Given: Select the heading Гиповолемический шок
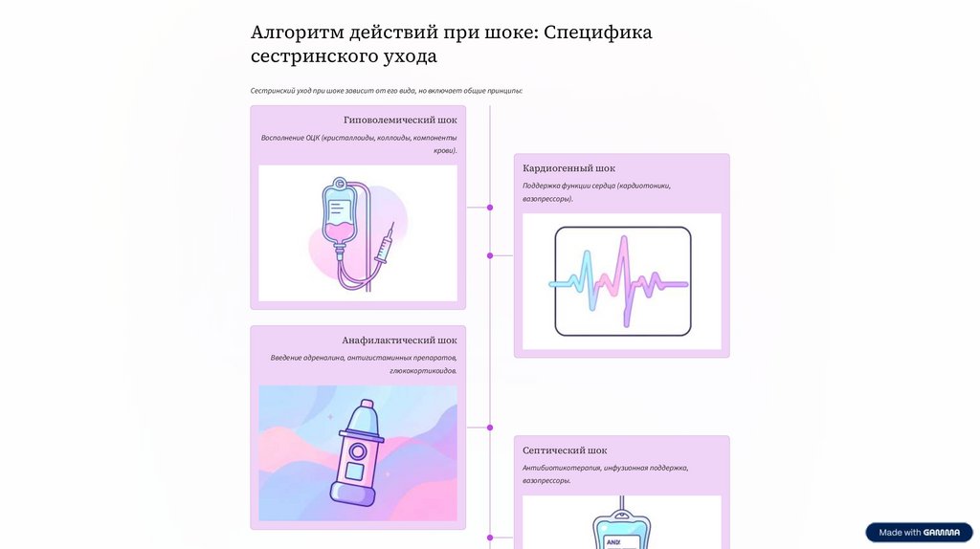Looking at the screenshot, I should (399, 121).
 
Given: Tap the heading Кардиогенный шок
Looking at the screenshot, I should (568, 168).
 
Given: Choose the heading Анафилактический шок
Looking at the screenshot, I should (399, 340).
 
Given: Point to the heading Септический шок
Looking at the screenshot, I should (565, 450).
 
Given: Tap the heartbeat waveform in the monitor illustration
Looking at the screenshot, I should (620, 282).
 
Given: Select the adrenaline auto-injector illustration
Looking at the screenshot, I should (355, 453).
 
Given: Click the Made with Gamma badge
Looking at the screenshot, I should (919, 533).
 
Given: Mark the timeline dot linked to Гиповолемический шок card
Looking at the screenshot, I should (490, 207).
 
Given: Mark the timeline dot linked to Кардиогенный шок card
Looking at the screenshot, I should (490, 255).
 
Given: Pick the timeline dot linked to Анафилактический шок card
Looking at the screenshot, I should (490, 428).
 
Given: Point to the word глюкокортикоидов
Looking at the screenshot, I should (423, 371).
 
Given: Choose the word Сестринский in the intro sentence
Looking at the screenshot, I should (272, 91).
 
